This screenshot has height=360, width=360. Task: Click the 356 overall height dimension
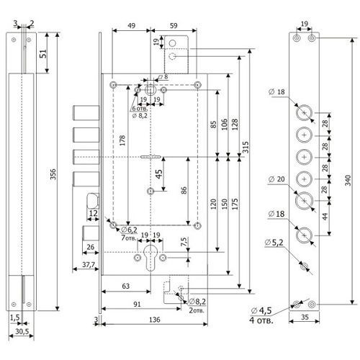pyautogui.click(x=53, y=174)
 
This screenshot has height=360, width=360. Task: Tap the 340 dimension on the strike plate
pyautogui.click(x=348, y=180)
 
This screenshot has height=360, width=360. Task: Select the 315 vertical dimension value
pyautogui.click(x=246, y=147)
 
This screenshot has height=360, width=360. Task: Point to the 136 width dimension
pyautogui.click(x=154, y=320)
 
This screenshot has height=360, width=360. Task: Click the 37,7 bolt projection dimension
pyautogui.click(x=89, y=264)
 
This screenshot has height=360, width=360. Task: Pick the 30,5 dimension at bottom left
pyautogui.click(x=22, y=331)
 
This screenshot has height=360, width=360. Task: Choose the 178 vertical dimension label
pyautogui.click(x=122, y=140)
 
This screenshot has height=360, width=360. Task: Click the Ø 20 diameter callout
pyautogui.click(x=276, y=179)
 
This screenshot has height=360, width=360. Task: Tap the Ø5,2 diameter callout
pyautogui.click(x=274, y=243)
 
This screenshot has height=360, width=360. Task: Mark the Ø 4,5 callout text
pyautogui.click(x=261, y=310)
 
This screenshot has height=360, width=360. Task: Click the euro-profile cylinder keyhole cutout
pyautogui.click(x=150, y=258)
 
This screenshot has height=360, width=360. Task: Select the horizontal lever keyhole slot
pyautogui.click(x=150, y=157)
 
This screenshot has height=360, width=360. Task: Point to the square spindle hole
pyautogui.click(x=150, y=90)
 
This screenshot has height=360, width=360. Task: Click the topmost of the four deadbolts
pyautogui.click(x=86, y=112)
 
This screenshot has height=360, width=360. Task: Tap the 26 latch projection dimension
pyautogui.click(x=90, y=247)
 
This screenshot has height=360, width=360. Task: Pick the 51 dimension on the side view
pyautogui.click(x=43, y=54)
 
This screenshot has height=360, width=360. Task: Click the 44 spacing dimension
pyautogui.click(x=325, y=217)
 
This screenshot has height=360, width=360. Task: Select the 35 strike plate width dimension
pyautogui.click(x=305, y=317)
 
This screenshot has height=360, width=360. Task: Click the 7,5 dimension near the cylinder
pyautogui.click(x=184, y=241)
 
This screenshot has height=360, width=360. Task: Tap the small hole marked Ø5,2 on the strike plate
pyautogui.click(x=305, y=266)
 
